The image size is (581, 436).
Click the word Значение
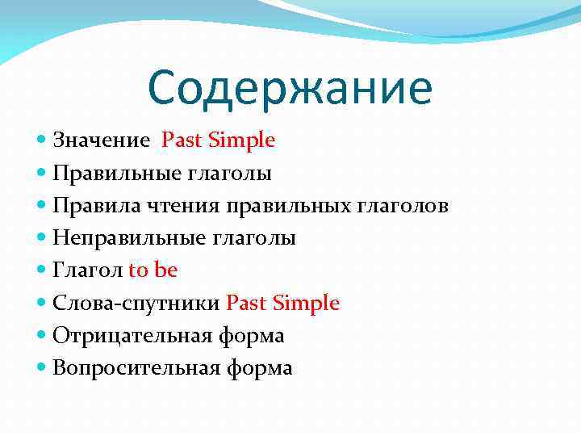(x=101, y=140)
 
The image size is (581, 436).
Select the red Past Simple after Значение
(x=219, y=140)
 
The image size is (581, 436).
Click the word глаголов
(x=402, y=206)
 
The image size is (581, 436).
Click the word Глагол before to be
(x=87, y=270)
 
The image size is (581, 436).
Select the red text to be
(x=153, y=270)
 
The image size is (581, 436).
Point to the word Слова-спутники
(x=136, y=304)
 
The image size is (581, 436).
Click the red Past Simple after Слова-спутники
(x=283, y=304)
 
